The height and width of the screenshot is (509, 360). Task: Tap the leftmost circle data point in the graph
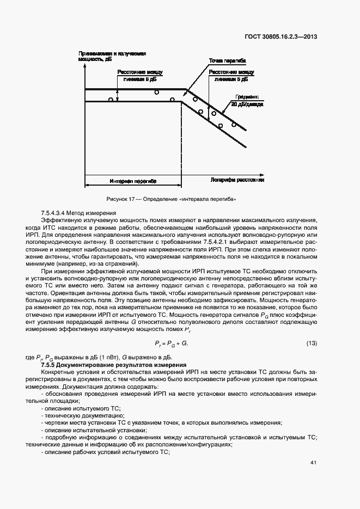point(111,99)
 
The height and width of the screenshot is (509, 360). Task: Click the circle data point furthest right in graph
point(234,125)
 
